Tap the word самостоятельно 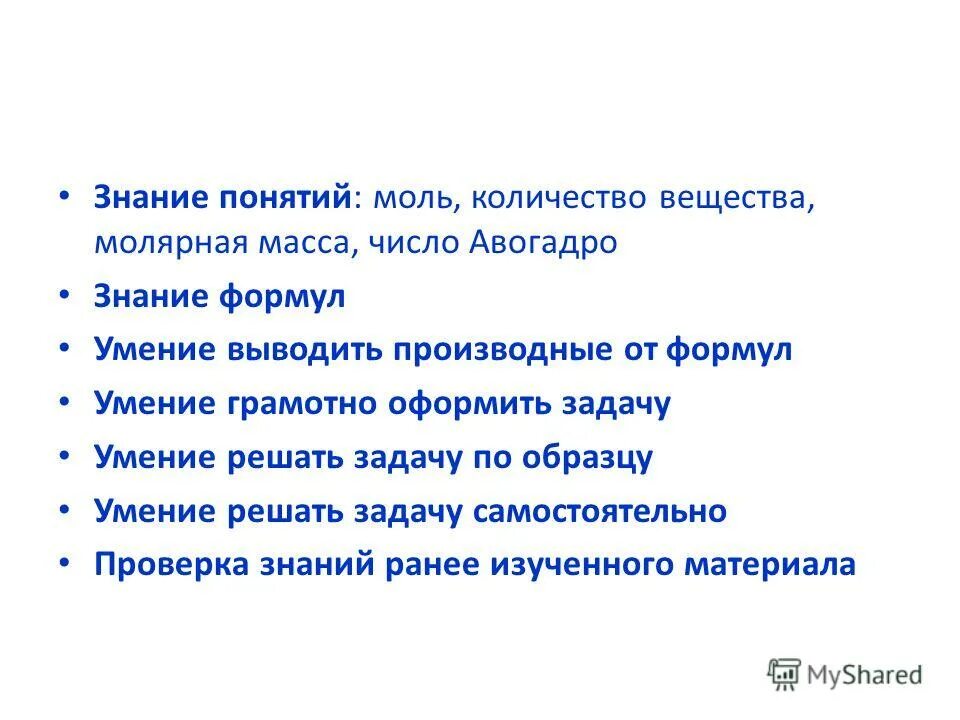600,512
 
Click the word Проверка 169,565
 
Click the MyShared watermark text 867,675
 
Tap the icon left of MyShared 784,675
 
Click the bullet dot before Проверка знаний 64,563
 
